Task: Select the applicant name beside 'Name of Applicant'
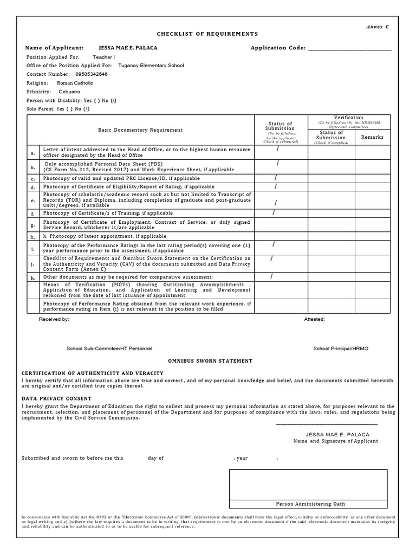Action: [128, 48]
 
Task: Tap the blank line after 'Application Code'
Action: [349, 48]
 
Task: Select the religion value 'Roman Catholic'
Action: [75, 83]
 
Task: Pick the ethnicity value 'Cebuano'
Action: [70, 92]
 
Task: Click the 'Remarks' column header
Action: [372, 137]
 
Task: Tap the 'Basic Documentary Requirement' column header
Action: [140, 130]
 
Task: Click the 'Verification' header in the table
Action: [348, 118]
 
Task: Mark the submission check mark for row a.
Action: [278, 149]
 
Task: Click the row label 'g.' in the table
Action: [32, 224]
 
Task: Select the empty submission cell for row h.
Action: [281, 237]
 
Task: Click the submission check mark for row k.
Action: [271, 276]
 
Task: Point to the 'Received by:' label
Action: [54, 320]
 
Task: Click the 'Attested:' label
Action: [314, 320]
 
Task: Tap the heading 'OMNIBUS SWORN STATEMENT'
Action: [210, 360]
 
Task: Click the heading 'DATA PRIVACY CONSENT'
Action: [56, 398]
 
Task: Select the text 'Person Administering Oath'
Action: [308, 504]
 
